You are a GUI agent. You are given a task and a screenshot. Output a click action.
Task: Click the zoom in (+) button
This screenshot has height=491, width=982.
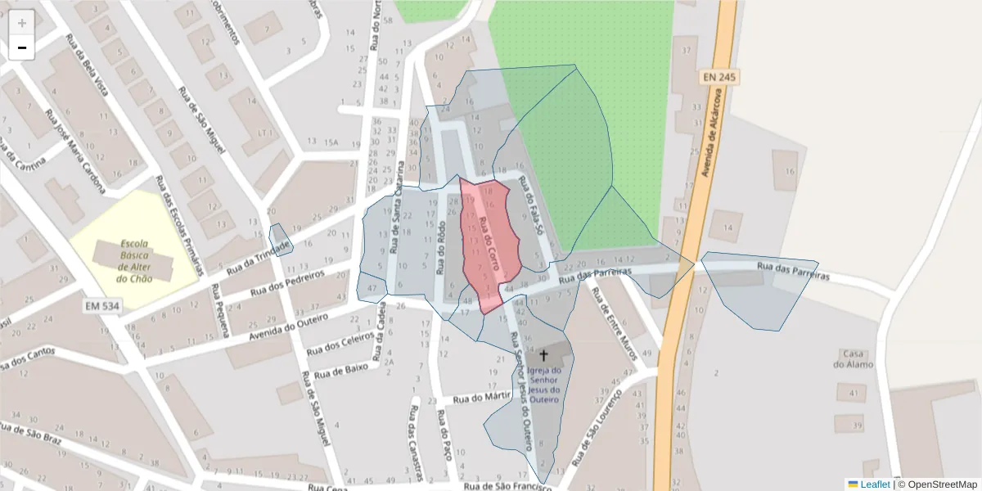click(x=22, y=23)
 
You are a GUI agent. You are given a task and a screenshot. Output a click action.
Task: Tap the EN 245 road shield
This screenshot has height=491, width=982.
click(x=720, y=76)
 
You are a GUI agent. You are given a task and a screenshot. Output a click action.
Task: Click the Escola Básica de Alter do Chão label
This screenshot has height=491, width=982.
click(x=135, y=260)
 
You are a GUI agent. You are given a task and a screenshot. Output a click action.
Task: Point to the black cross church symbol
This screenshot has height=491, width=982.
click(x=543, y=356)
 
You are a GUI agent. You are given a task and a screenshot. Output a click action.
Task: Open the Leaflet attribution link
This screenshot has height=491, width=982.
click(x=875, y=484)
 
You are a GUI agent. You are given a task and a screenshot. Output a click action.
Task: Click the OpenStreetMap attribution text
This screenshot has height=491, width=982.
click(x=937, y=484)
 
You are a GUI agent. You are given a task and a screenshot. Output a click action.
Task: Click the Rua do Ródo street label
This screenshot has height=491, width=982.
click(x=440, y=249)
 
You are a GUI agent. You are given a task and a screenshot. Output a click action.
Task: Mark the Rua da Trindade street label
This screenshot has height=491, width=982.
click(x=259, y=255)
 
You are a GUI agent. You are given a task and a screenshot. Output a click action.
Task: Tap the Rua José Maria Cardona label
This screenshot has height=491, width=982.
click(x=76, y=151)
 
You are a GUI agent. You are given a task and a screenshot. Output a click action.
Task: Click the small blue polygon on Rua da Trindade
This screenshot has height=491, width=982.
click(x=280, y=239)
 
